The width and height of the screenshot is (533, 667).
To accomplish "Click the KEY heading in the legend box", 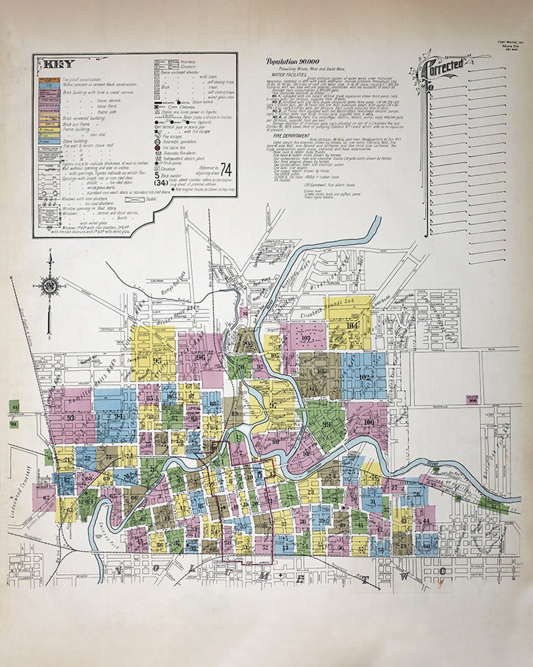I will point(60,64).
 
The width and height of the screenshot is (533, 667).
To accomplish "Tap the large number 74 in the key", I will point(227,169).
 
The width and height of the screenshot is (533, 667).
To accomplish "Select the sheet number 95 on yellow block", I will point(157,360).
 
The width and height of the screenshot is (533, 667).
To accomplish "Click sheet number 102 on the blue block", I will point(365,378).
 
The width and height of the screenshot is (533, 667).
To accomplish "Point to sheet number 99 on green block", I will point(326,424).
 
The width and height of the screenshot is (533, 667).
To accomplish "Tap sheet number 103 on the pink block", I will point(306,338).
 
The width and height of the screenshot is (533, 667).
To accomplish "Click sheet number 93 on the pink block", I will point(71,417).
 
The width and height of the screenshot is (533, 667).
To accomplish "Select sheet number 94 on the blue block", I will point(118,417).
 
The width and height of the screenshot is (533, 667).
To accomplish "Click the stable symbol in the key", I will point(134,199).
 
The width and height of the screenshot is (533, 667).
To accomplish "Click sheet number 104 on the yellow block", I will point(352,326).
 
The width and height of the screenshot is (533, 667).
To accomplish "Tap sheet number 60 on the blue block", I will point(426,545).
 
